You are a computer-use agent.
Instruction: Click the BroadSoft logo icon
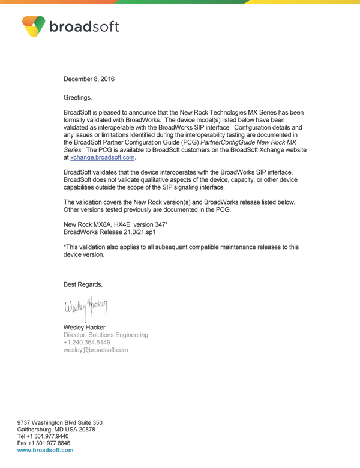[34, 26]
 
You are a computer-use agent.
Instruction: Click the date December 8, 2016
[89, 79]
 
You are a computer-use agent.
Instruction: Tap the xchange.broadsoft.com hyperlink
[103, 158]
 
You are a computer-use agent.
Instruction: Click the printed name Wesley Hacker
[85, 327]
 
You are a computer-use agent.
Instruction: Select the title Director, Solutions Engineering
[106, 335]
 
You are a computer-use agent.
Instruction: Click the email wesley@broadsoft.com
[95, 350]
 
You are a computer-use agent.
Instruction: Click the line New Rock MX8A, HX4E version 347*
[116, 224]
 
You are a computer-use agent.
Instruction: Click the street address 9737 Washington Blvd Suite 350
[59, 423]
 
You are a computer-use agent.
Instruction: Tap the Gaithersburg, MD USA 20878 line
[56, 430]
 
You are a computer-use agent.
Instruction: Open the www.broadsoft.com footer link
[45, 450]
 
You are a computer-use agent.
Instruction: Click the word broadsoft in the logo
[84, 27]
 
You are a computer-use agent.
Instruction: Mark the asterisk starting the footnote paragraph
[65, 247]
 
